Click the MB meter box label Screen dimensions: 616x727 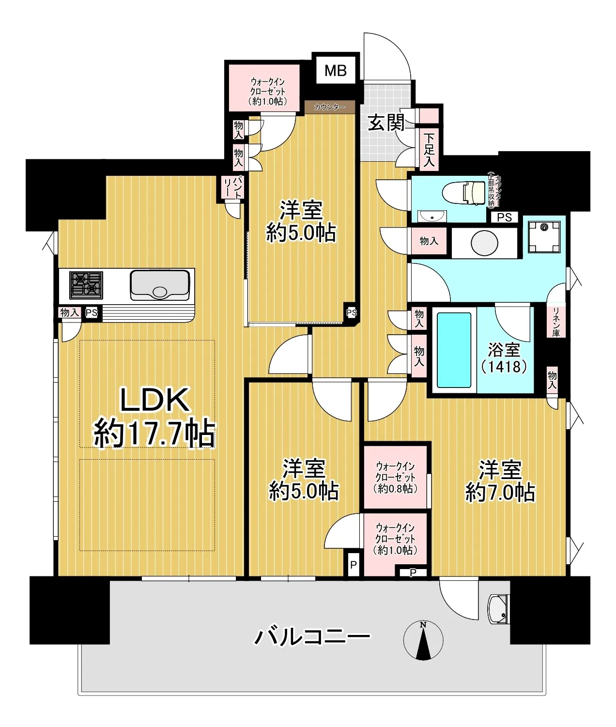[336, 71]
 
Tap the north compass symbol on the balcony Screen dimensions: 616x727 [423, 640]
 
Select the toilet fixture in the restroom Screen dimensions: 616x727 [463, 194]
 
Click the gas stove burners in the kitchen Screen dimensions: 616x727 [86, 285]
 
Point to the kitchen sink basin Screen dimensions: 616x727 [160, 285]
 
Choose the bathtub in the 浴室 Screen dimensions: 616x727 [454, 350]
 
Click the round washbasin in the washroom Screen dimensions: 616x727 [484, 243]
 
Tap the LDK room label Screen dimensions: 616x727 [155, 400]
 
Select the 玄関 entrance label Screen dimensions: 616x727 [386, 123]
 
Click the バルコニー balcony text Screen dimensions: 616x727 [312, 636]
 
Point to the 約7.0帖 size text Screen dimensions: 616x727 [500, 493]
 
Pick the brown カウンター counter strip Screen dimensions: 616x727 [330, 107]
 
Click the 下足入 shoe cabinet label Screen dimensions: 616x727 [429, 150]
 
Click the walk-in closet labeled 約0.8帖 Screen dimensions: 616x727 [396, 477]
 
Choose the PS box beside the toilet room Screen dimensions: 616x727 [504, 217]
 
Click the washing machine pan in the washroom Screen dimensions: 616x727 [543, 237]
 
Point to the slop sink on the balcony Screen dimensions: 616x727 [499, 610]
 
